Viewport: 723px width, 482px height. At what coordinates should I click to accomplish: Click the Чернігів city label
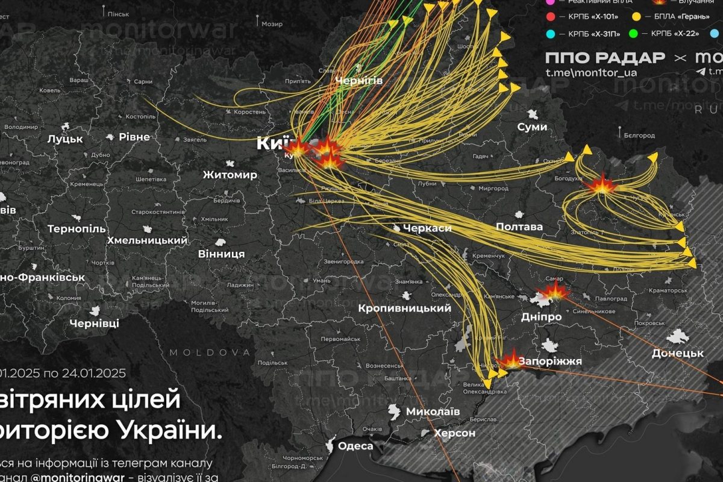coord(358,80)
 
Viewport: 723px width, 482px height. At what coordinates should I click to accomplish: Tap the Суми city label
coord(532,127)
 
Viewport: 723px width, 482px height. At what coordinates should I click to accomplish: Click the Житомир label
coord(230,175)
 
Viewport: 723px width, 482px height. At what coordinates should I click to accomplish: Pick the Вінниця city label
coord(222,254)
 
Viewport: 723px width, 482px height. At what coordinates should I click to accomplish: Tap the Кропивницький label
coord(404,308)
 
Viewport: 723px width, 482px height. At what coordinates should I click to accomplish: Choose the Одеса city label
coord(355,446)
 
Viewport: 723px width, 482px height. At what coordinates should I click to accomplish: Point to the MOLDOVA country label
coord(210,352)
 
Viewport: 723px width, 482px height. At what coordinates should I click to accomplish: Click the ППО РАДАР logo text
coord(605,58)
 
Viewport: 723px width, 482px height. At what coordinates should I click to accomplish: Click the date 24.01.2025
coord(93,373)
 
